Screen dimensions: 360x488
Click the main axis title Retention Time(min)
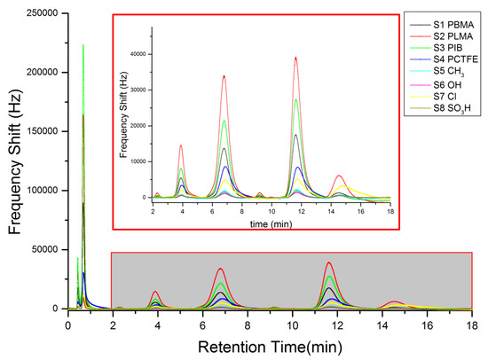[x=269, y=344]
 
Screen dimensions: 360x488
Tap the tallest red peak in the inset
[x=295, y=58]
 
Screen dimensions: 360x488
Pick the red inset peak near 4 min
[x=181, y=145]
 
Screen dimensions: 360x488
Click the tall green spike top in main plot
[x=83, y=45]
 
